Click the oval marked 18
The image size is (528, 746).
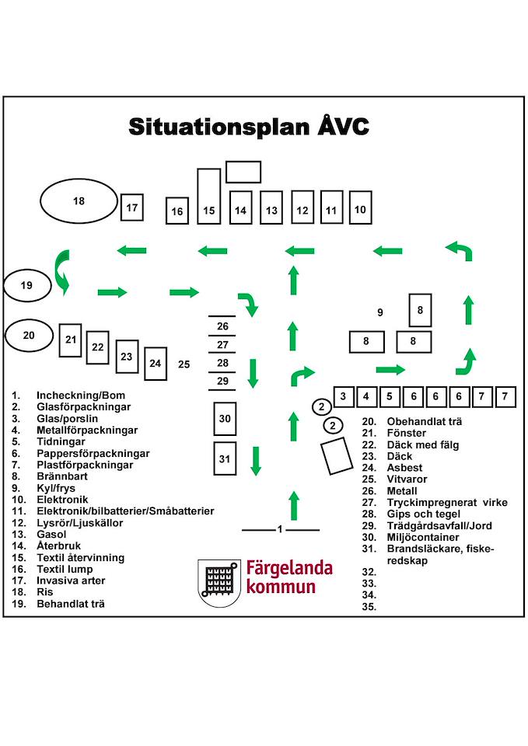click(x=79, y=201)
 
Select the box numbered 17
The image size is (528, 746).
click(x=132, y=207)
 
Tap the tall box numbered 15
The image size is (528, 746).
click(x=209, y=196)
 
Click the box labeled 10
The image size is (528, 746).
click(x=360, y=207)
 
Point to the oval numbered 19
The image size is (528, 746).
click(x=27, y=285)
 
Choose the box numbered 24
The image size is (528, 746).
click(x=156, y=364)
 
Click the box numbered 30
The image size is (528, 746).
click(x=225, y=419)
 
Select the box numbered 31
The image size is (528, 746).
click(x=225, y=458)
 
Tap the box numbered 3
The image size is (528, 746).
click(x=343, y=397)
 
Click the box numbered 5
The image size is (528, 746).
click(x=390, y=397)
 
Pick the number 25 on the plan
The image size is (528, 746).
click(x=184, y=364)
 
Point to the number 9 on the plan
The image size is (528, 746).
click(x=380, y=312)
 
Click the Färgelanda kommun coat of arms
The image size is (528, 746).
click(x=219, y=584)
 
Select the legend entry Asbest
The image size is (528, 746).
click(x=404, y=468)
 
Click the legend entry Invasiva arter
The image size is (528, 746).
click(x=71, y=580)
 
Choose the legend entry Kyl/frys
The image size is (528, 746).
click(x=56, y=488)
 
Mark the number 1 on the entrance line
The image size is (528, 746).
click(x=280, y=529)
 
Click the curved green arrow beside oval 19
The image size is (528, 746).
click(x=62, y=273)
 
